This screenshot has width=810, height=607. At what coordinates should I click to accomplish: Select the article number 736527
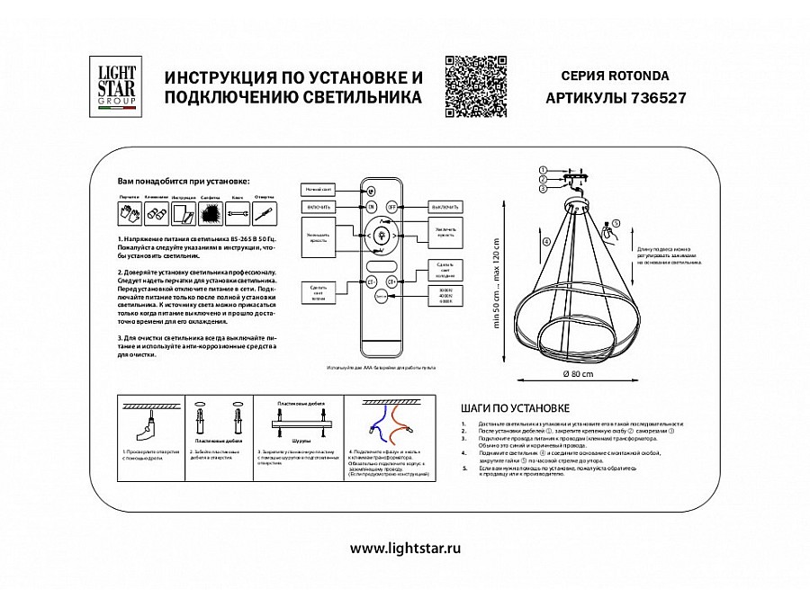point(654,99)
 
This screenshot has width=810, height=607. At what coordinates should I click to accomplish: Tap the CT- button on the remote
point(369,281)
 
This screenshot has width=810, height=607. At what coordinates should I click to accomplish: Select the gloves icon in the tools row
point(125,214)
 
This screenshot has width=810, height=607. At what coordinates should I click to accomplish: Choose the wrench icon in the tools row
point(238,214)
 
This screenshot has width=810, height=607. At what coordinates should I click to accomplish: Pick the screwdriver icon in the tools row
point(265,214)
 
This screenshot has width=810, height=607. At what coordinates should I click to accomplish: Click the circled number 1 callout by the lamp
point(544,170)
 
